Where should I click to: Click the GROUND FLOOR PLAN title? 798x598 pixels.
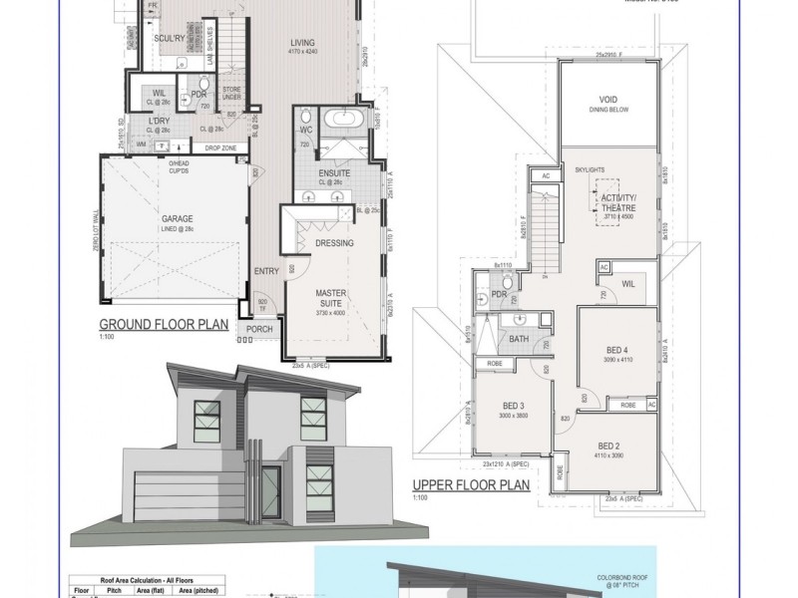point(164,325)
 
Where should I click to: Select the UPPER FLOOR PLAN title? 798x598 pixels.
point(470,487)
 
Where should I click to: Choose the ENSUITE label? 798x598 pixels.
point(333,170)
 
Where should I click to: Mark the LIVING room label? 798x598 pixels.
point(303,43)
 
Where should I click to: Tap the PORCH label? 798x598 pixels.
point(259,329)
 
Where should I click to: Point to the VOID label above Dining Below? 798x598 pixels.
point(607,100)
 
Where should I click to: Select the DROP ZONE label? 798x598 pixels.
point(219,148)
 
